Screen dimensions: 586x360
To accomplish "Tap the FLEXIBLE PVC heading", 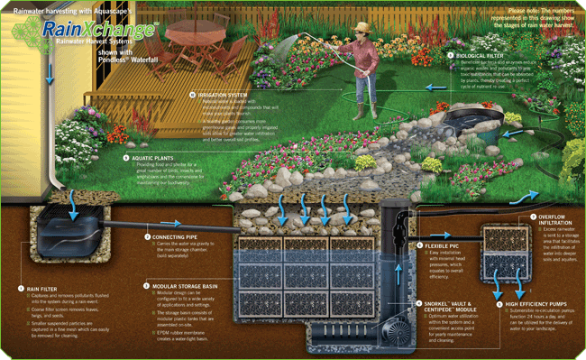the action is point(444,245).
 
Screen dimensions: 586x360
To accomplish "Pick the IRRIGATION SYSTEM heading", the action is point(218,94).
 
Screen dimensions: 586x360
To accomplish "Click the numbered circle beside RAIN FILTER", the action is point(21,289).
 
